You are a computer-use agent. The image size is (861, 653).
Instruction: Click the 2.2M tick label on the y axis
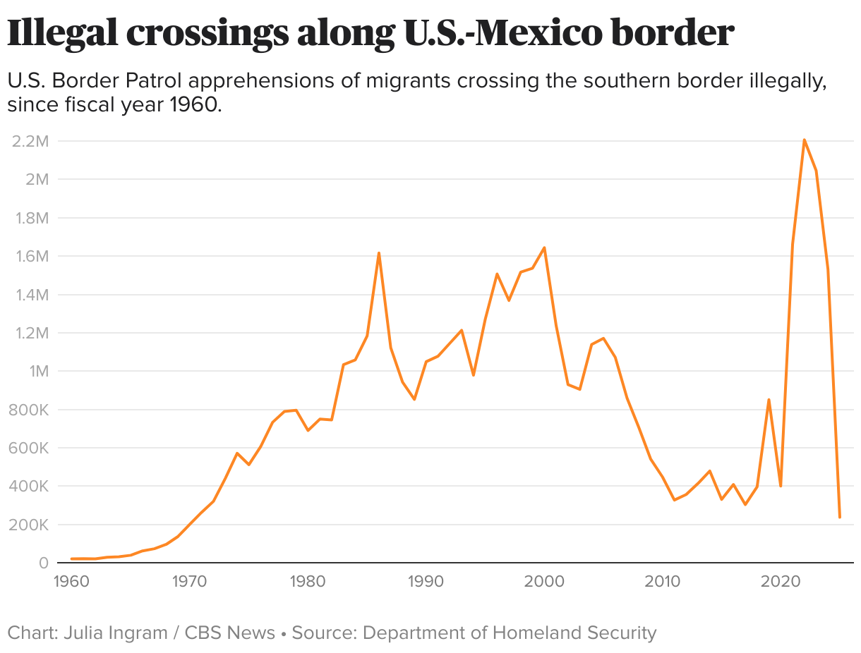pyautogui.click(x=30, y=141)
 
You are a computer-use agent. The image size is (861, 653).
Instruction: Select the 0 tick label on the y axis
pyautogui.click(x=43, y=563)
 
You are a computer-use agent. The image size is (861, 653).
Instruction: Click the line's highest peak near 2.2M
pyautogui.click(x=804, y=140)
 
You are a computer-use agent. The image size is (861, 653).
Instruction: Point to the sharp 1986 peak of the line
pyautogui.click(x=379, y=252)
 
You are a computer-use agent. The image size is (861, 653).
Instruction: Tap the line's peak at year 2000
pyautogui.click(x=544, y=248)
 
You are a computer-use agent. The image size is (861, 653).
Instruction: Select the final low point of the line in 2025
pyautogui.click(x=839, y=518)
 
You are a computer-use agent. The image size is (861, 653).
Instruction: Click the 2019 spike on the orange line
pyautogui.click(x=769, y=400)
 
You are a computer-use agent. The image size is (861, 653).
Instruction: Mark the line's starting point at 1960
pyautogui.click(x=71, y=559)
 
